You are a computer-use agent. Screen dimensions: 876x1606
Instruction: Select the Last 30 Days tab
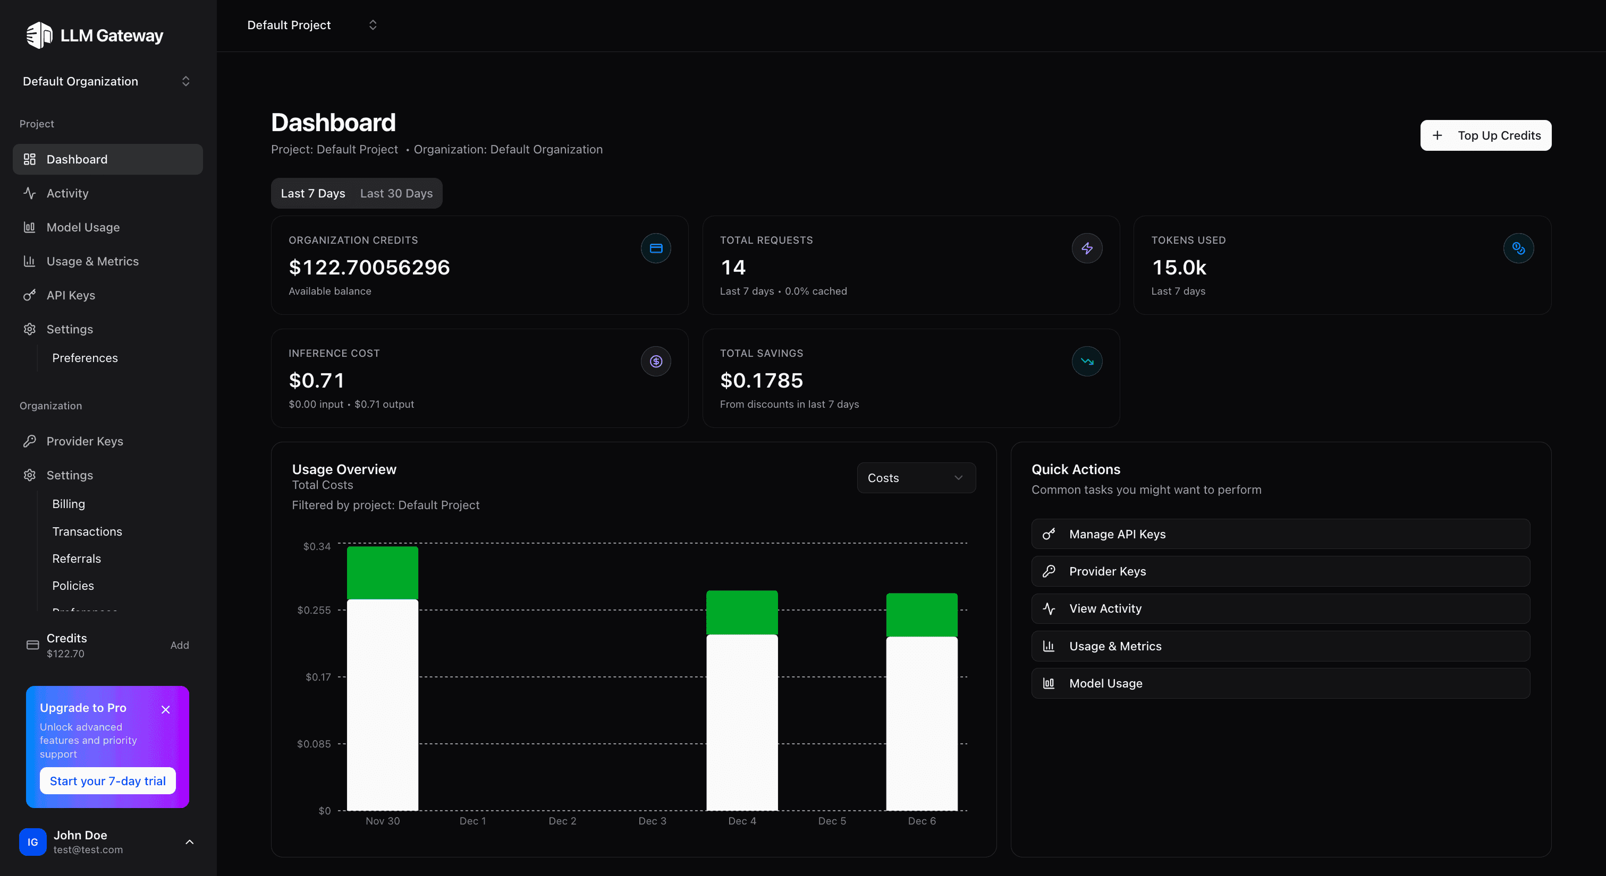pyautogui.click(x=396, y=193)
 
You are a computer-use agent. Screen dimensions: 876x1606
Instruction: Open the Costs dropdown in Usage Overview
pyautogui.click(x=915, y=478)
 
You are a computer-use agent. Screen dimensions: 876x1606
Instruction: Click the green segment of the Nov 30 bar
pyautogui.click(x=382, y=572)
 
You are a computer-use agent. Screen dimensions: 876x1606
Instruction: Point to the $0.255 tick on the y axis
pyautogui.click(x=314, y=610)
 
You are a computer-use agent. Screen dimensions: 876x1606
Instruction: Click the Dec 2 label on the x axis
pyautogui.click(x=562, y=821)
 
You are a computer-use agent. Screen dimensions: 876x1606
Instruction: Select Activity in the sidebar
pyautogui.click(x=67, y=193)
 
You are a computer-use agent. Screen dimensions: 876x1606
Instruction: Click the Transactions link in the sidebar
pyautogui.click(x=87, y=531)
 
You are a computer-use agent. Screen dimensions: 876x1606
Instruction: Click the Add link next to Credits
pyautogui.click(x=180, y=646)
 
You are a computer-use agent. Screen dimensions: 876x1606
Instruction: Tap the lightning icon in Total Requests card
pyautogui.click(x=1087, y=248)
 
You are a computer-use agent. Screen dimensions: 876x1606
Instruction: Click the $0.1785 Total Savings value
pyautogui.click(x=761, y=380)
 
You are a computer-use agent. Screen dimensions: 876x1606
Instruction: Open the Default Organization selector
pyautogui.click(x=106, y=82)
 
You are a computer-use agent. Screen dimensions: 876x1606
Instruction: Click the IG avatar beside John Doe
pyautogui.click(x=32, y=841)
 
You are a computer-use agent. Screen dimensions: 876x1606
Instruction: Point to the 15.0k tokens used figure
pyautogui.click(x=1178, y=267)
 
